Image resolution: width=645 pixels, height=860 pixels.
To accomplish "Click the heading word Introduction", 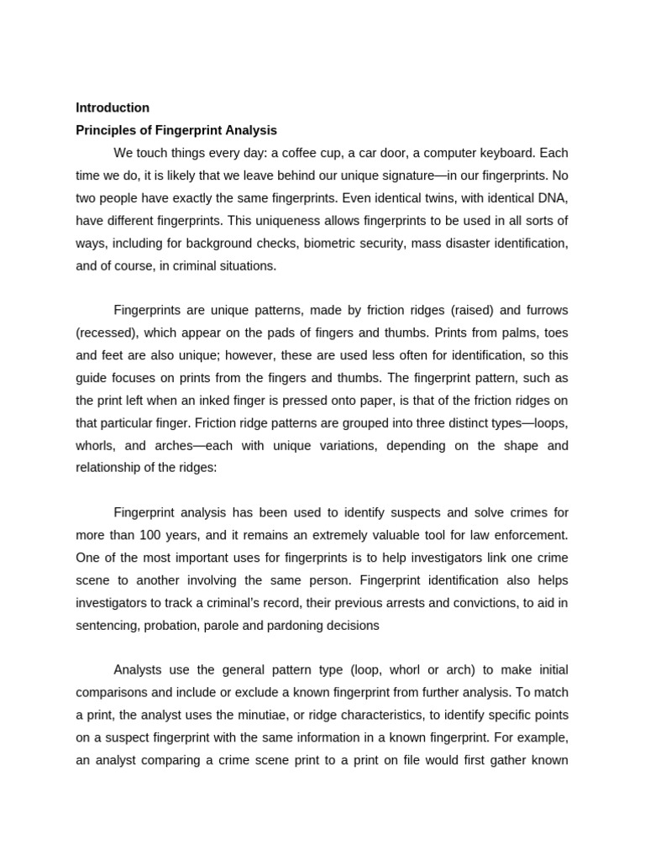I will click(x=113, y=107).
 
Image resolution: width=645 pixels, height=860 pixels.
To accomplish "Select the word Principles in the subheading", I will click(x=105, y=130).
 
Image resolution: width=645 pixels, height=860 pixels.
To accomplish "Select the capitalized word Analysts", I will click(x=139, y=669).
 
